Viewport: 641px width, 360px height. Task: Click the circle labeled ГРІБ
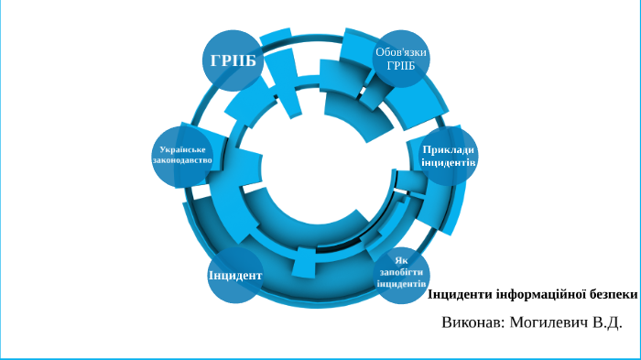233,60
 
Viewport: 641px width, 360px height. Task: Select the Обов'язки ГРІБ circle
401,59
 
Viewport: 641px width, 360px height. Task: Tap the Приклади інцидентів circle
449,156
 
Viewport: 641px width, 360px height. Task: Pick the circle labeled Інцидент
235,275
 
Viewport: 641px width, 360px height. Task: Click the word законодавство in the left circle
183,160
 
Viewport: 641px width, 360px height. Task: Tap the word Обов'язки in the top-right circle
401,52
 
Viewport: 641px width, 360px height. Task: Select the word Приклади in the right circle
449,149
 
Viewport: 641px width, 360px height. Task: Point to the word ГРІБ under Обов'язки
401,65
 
